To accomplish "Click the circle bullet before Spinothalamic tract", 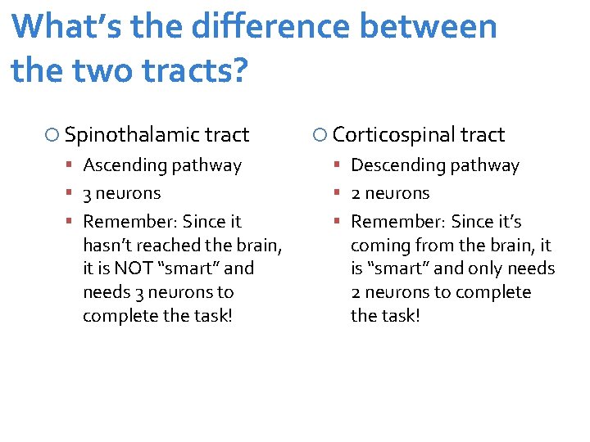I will [x=52, y=135].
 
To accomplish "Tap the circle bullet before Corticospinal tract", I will [x=320, y=135].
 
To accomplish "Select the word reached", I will [x=176, y=245].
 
